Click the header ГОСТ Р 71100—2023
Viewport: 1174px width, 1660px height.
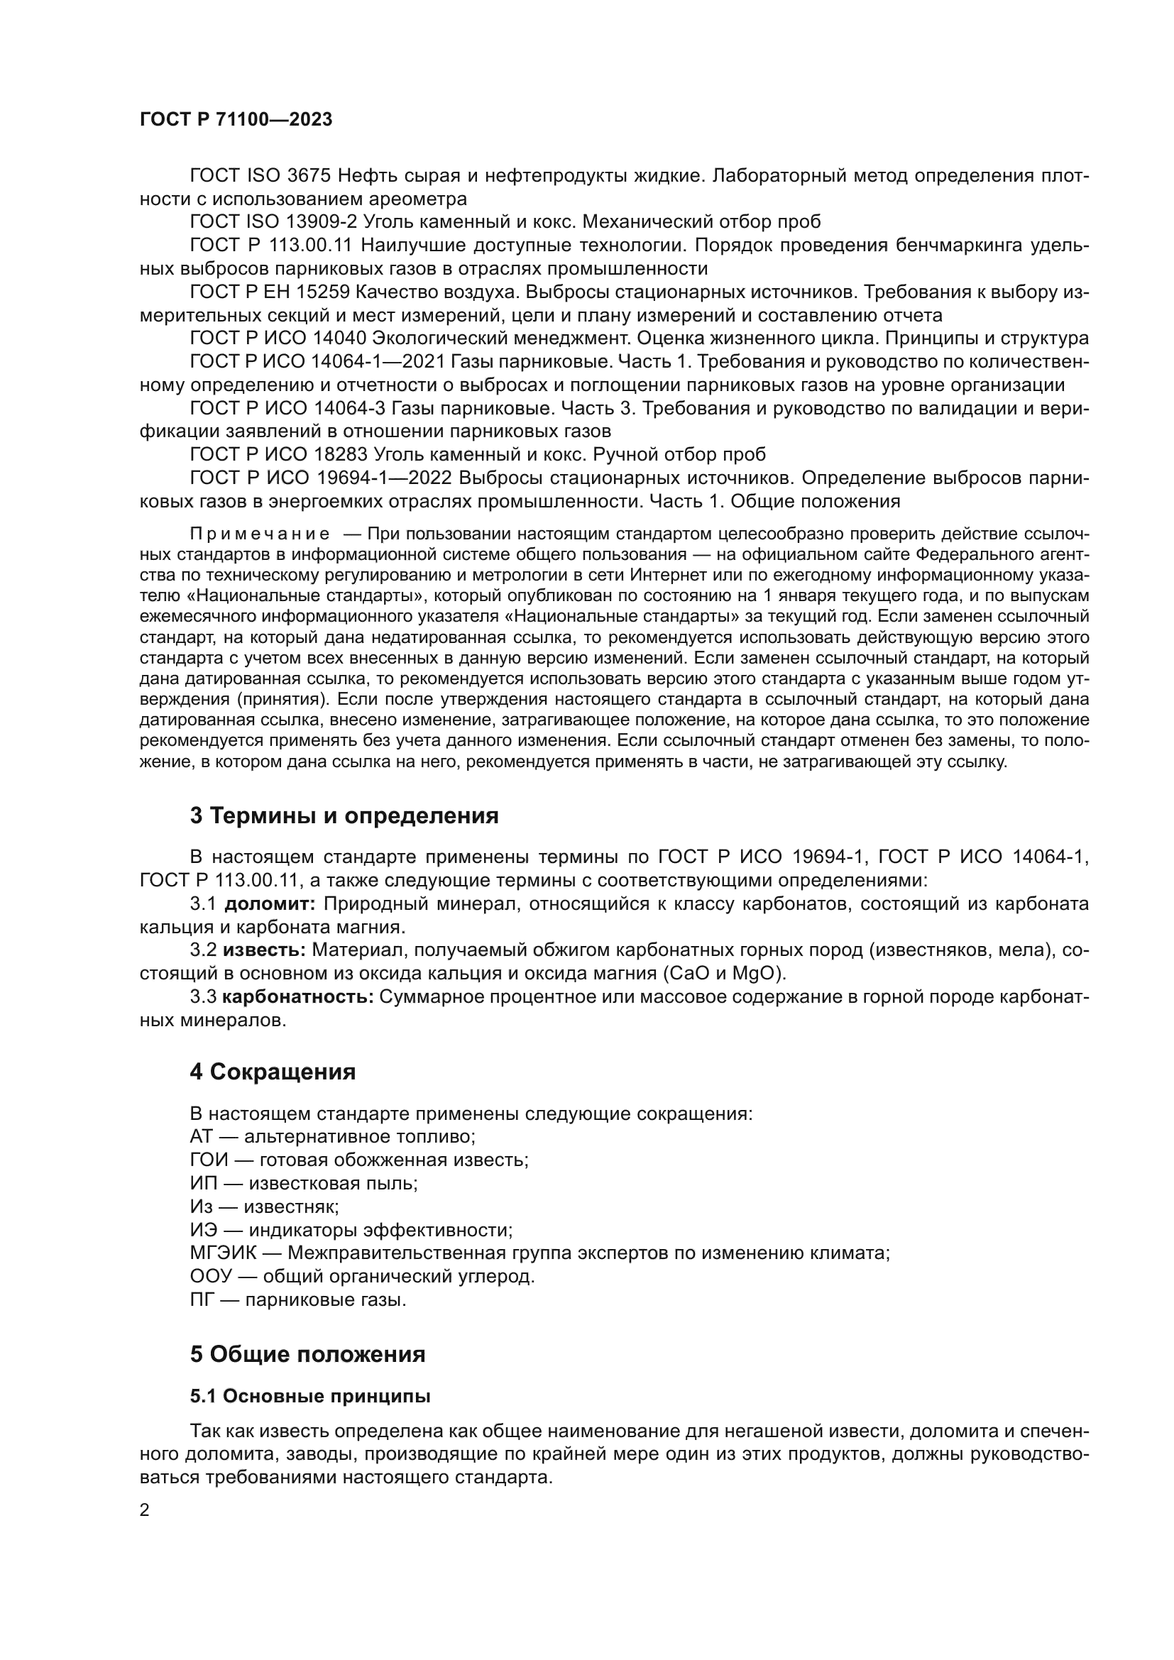(x=236, y=120)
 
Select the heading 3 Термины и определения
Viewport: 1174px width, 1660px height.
(x=344, y=815)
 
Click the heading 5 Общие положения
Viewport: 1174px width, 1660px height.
(x=307, y=1354)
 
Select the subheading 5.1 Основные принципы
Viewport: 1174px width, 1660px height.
(x=310, y=1396)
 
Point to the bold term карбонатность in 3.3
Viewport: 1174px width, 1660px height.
(x=297, y=997)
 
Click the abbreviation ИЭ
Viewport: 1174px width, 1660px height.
(x=203, y=1230)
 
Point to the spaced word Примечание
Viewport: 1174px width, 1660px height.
(x=260, y=534)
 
